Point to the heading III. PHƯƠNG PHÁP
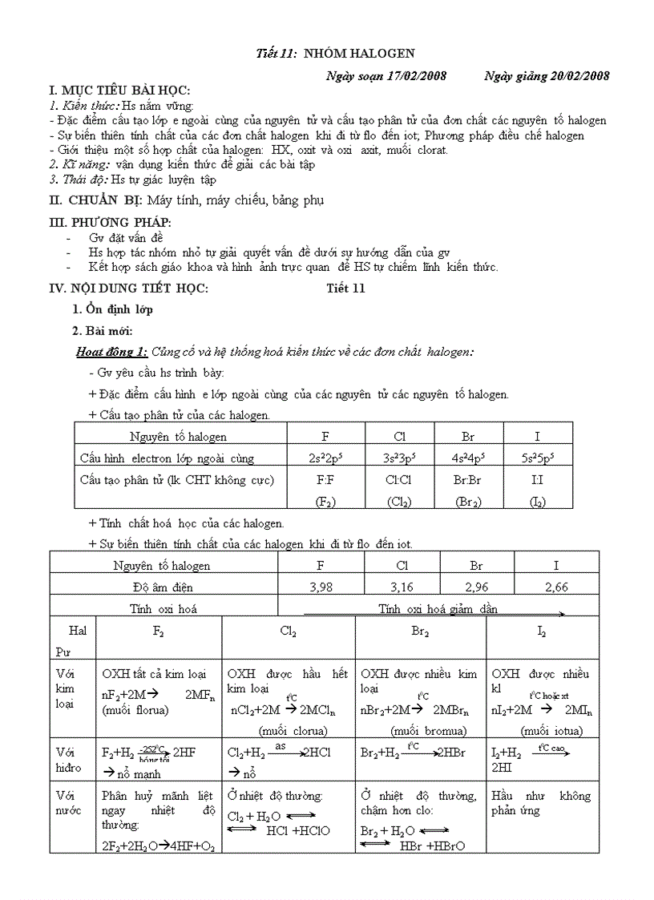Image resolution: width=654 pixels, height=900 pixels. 111,222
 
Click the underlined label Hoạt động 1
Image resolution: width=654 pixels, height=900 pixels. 111,351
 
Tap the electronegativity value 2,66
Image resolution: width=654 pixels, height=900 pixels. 555,587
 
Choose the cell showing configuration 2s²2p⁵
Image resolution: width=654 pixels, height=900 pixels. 325,458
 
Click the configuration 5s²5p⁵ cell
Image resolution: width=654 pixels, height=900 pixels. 537,458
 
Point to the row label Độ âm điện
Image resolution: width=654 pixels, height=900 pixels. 163,587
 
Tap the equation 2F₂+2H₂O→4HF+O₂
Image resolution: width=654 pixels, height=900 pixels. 159,846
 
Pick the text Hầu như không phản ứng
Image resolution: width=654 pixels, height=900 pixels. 541,803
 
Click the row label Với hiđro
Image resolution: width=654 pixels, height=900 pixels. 69,760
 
